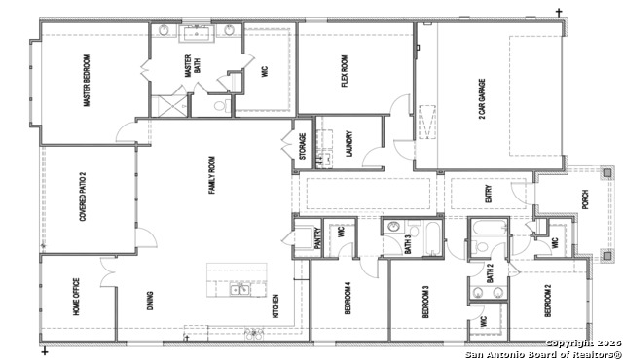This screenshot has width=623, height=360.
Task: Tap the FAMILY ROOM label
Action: click(212, 174)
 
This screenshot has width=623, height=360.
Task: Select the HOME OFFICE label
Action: click(76, 299)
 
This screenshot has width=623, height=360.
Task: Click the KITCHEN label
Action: click(275, 306)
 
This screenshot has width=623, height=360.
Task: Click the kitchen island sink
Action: click(238, 290)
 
